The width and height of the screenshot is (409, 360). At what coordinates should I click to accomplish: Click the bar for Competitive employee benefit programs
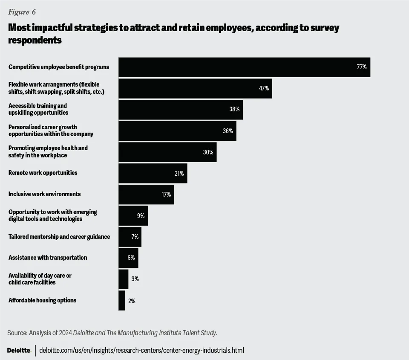[x=244, y=67]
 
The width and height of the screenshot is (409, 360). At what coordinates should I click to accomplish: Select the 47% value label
[x=264, y=88]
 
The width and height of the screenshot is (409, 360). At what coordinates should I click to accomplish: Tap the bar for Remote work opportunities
[x=153, y=173]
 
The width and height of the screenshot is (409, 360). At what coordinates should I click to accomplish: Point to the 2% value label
[x=132, y=301]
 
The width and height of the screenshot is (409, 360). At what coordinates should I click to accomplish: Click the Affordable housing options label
[x=43, y=300]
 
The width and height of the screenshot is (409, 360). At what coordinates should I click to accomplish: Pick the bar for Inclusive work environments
[x=146, y=195]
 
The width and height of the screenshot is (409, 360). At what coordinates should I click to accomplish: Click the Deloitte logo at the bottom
[x=19, y=350]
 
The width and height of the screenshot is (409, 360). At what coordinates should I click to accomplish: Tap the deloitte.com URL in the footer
[x=141, y=350]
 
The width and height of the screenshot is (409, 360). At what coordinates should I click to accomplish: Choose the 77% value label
[x=361, y=67]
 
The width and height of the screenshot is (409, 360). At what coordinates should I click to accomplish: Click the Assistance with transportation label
[x=48, y=258]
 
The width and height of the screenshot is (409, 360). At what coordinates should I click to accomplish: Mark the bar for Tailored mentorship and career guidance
[x=130, y=237]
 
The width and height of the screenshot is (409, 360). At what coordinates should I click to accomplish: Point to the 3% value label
[x=135, y=279]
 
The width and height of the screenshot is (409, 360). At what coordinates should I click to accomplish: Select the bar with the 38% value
[x=180, y=110]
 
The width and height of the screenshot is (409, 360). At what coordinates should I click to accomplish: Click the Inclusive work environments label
[x=44, y=194]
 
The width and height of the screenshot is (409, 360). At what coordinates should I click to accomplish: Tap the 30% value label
[x=208, y=152]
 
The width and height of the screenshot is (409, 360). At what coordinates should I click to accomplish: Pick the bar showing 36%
[x=177, y=131]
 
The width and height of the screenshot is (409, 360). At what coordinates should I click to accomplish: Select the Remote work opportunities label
[x=43, y=173]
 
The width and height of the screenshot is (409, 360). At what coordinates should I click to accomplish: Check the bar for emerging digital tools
[x=133, y=216]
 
